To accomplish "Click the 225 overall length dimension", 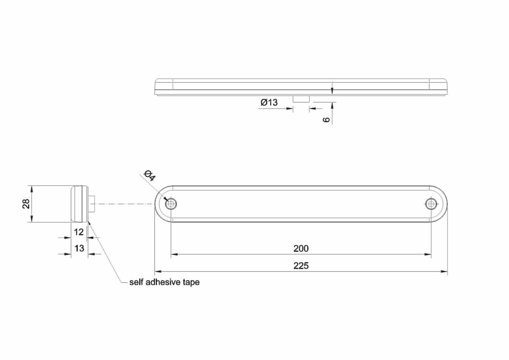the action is tap(301, 265).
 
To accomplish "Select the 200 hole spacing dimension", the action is tap(301, 248).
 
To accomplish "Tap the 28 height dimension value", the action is tap(26, 204).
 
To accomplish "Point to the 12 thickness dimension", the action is tap(79, 232).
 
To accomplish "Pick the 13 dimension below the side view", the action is tap(79, 248).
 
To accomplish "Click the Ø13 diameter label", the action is tap(269, 102).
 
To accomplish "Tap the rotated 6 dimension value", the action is tap(326, 119).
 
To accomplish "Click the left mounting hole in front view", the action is tap(171, 204).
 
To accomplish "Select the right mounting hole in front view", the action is tap(431, 204).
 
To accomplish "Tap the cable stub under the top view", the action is tap(301, 99).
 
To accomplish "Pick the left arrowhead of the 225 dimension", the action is tap(158, 271).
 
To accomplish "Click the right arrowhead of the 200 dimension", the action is tap(428, 254).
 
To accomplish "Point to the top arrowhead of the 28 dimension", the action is tap(31, 189).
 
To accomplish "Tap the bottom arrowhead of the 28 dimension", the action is tap(31, 219).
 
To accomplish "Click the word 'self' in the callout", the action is tap(136, 282).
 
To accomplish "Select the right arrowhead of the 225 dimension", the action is tap(444, 271).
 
